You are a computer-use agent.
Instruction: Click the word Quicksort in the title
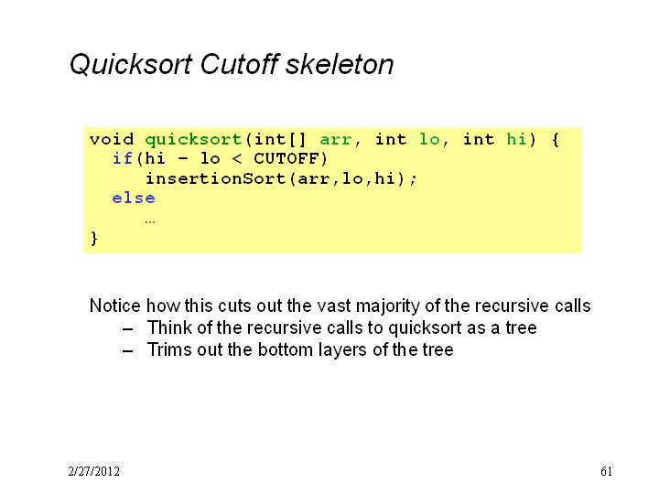[131, 65]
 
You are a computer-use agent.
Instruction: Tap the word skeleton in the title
[340, 64]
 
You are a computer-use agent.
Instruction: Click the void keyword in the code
[112, 139]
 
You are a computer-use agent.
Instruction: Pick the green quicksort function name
[194, 139]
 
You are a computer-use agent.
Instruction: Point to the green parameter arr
[336, 140]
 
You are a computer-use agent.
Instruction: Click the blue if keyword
[123, 159]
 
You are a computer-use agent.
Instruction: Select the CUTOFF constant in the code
[286, 159]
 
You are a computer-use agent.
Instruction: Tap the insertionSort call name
[216, 178]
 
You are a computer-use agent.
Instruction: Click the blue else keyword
[134, 198]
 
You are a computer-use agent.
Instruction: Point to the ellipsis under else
[150, 221]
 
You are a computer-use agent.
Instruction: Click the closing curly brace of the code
[94, 239]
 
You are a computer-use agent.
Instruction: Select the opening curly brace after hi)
[556, 139]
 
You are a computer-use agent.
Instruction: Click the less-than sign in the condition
[237, 159]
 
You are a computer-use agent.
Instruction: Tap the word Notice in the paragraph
[115, 306]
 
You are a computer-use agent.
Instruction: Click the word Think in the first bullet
[169, 328]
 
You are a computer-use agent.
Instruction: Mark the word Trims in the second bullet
[169, 349]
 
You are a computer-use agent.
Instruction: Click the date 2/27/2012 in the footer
[94, 471]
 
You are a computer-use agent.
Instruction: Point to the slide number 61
[606, 471]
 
